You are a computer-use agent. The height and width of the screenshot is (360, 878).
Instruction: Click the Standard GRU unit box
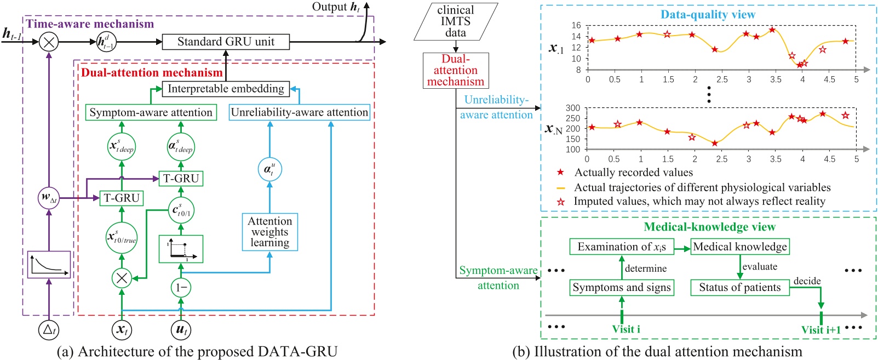226,42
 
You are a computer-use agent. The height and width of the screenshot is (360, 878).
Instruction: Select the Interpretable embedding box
226,89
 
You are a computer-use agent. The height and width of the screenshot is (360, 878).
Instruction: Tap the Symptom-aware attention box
151,112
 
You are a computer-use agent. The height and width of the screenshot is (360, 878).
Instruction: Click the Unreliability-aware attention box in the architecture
299,112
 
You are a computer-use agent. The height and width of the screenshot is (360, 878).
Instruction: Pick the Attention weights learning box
269,232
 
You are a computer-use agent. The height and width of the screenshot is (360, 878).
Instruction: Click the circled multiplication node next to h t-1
49,42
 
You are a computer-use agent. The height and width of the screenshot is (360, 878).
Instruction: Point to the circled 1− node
181,287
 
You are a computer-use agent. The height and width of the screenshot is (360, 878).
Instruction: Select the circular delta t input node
49,329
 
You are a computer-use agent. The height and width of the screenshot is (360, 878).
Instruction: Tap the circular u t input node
181,329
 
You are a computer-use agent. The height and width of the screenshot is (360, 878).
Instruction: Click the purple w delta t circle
49,198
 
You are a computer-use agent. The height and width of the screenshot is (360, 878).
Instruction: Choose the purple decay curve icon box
49,265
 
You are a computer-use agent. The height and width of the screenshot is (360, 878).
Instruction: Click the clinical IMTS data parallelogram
455,21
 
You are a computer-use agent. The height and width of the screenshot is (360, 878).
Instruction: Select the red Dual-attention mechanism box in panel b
455,70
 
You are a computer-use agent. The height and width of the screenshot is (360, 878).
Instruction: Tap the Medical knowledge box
739,247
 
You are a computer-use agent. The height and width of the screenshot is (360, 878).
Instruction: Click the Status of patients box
739,287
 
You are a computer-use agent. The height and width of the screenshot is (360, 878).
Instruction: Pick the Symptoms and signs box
621,287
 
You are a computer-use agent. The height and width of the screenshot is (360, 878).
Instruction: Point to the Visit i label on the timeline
625,329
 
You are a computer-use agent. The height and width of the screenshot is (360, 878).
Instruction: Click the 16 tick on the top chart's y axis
576,25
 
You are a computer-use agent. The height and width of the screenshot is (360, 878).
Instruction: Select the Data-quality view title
708,15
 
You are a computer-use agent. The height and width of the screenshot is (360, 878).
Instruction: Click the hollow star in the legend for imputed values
560,202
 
